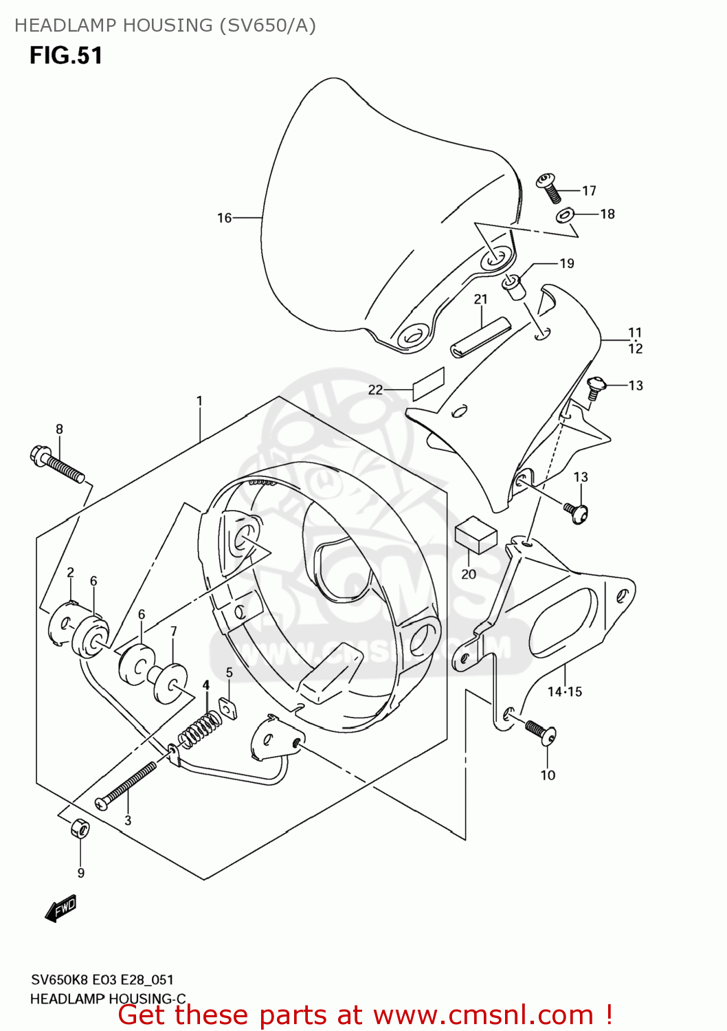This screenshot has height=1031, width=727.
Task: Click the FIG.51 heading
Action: click(x=66, y=56)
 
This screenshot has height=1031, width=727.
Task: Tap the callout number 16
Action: click(x=225, y=218)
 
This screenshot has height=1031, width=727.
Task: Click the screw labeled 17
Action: click(x=549, y=187)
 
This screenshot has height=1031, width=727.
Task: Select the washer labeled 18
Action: click(x=564, y=217)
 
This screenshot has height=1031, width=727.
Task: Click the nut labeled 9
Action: click(x=80, y=828)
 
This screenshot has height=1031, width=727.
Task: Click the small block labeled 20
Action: click(x=476, y=535)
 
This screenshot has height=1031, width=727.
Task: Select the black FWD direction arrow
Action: click(x=60, y=908)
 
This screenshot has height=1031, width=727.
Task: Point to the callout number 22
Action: click(x=375, y=390)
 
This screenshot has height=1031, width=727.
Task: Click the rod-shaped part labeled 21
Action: click(x=481, y=337)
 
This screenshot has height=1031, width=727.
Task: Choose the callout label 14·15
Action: click(x=564, y=691)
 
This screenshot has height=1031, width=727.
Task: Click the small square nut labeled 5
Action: click(x=228, y=707)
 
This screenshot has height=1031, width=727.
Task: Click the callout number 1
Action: click(x=199, y=401)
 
